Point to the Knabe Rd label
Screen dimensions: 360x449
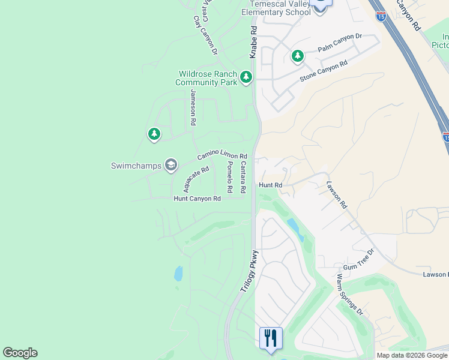point(253,42)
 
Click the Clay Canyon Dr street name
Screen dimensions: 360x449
point(205,35)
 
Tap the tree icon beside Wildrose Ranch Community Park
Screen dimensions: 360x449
point(246,77)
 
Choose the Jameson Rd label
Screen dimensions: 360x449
point(193,107)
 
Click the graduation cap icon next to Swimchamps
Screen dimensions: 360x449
point(171,165)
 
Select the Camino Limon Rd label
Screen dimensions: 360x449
point(222,155)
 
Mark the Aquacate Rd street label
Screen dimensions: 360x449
point(196,178)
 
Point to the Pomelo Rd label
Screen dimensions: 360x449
point(229,176)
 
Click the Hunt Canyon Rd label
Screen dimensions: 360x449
point(197,199)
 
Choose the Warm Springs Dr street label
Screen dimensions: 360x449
point(349,295)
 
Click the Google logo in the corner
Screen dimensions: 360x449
point(20,353)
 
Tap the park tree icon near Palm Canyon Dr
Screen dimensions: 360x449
point(297,56)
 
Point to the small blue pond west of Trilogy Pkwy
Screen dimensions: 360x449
point(178,274)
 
